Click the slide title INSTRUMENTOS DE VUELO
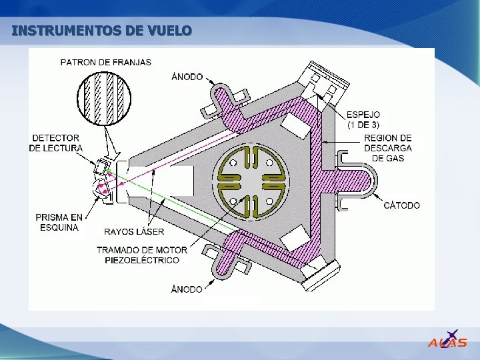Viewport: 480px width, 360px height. pos(102,31)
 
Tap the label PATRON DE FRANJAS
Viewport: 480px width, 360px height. pos(106,62)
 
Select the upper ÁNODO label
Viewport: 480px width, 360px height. pos(187,77)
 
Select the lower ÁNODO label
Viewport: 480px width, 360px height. pos(187,289)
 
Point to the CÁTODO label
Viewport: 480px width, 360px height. pos(402,205)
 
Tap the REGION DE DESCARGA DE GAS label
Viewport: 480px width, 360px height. pos(388,148)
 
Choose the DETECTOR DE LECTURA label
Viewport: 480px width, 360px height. pos(56,143)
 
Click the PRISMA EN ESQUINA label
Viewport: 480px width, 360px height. pos(59,222)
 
